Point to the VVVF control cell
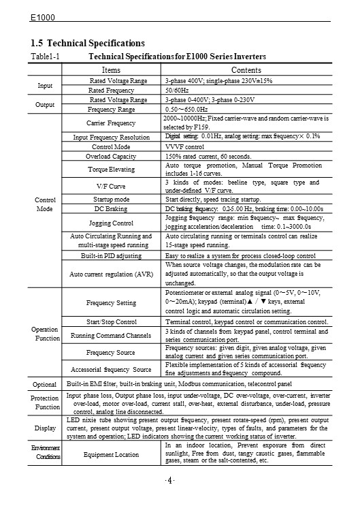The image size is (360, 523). (x=184, y=146)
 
